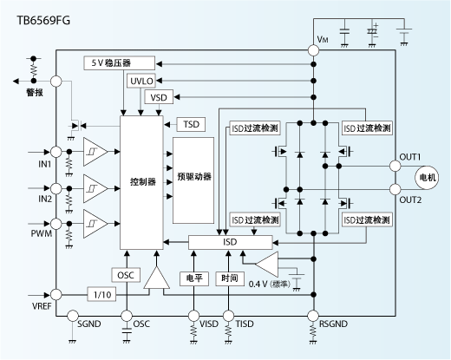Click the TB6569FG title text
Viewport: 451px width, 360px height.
(41, 14)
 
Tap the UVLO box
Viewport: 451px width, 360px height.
(142, 81)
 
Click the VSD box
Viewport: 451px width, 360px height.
(160, 98)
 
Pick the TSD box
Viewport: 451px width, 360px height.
(191, 124)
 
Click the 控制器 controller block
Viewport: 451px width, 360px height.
(142, 183)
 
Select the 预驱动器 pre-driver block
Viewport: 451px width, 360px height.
(193, 177)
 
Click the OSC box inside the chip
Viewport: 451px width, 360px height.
(125, 275)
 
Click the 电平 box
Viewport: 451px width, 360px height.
(193, 278)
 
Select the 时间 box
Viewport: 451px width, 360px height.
(230, 278)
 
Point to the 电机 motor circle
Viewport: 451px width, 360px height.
(428, 177)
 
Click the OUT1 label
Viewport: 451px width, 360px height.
(410, 156)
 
